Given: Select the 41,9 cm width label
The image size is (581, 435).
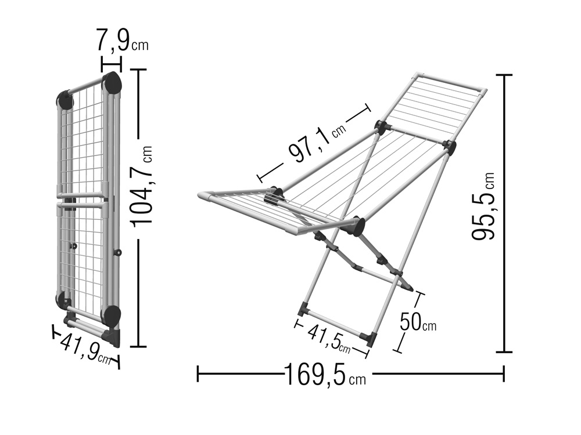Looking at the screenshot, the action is (x=86, y=347).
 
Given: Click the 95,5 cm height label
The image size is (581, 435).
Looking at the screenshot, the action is (x=483, y=206).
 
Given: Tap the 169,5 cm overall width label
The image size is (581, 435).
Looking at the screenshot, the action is (x=325, y=375).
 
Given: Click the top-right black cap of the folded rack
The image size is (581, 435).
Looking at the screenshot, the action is (x=112, y=84).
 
